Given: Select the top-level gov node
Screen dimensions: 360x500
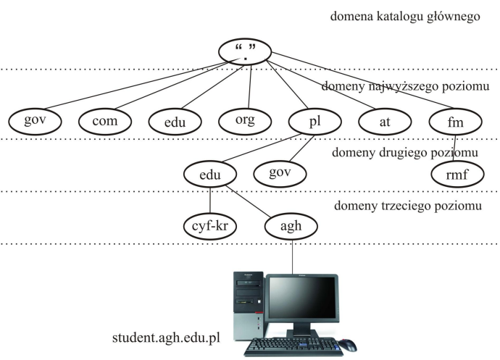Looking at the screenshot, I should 34,120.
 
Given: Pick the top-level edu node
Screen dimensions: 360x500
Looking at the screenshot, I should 175,122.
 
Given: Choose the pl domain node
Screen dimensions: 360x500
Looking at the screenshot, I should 314,121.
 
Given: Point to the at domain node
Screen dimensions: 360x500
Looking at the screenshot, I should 385,121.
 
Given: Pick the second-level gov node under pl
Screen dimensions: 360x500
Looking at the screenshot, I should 279,172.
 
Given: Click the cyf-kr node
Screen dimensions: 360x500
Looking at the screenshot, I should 210,225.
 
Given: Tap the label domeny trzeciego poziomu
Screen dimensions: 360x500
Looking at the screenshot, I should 408,206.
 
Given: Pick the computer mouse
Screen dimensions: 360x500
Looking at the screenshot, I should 347,343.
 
